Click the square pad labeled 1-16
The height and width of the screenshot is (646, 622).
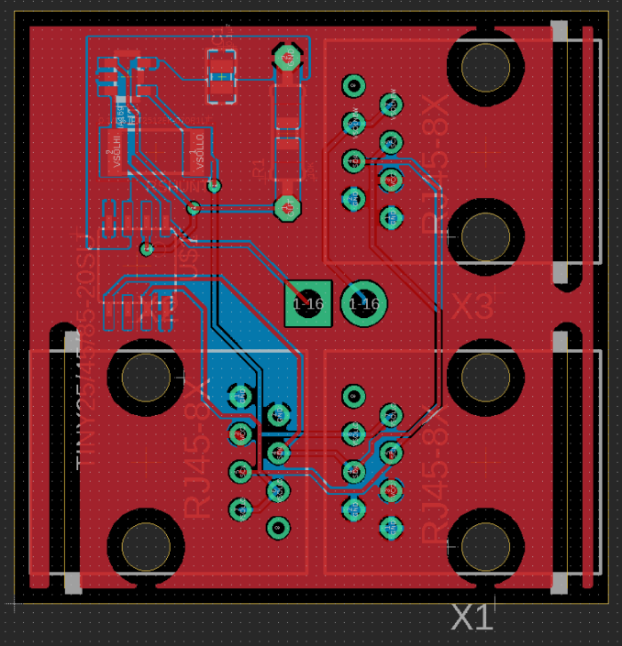[307, 303]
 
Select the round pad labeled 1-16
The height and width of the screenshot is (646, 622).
[364, 303]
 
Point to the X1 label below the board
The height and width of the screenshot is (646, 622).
[472, 618]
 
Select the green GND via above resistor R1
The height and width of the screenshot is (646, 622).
[287, 59]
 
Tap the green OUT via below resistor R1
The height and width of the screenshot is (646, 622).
[287, 208]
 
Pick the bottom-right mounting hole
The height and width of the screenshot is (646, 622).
[485, 546]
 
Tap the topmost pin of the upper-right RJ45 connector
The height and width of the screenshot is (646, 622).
[353, 86]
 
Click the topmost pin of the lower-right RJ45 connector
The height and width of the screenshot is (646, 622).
[353, 396]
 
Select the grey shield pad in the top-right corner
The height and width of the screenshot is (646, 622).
[560, 32]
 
